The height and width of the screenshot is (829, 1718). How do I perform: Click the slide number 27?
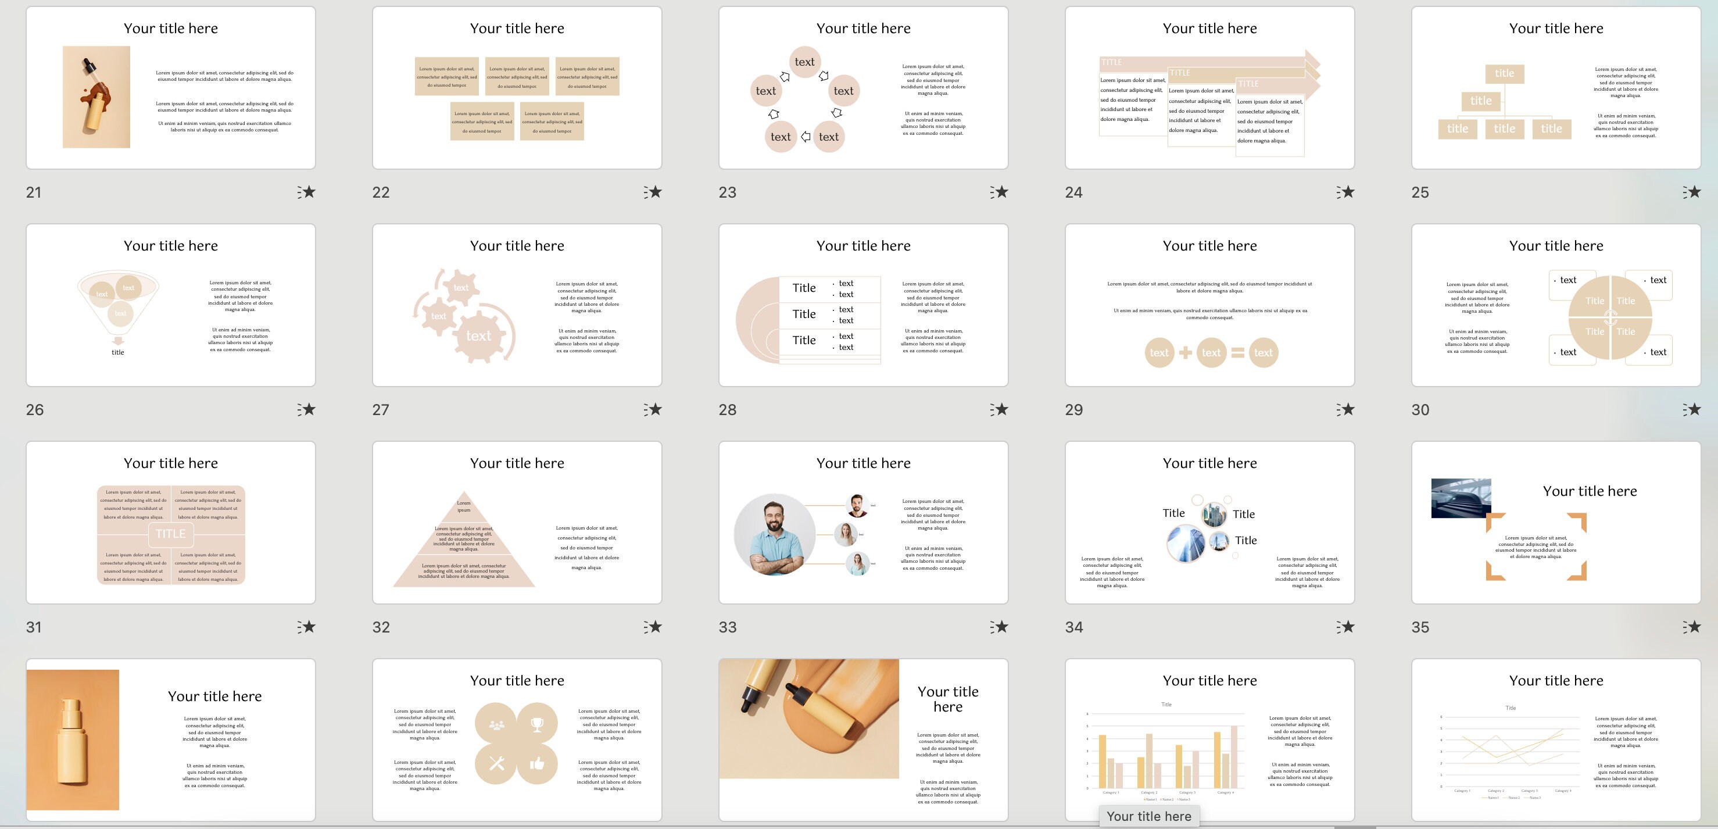(x=381, y=409)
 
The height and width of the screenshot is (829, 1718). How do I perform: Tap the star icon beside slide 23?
(x=1000, y=192)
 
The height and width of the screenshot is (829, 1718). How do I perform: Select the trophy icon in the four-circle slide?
(x=537, y=724)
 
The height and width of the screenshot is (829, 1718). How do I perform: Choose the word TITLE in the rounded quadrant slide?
(x=171, y=534)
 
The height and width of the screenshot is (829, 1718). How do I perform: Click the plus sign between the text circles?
(x=1185, y=353)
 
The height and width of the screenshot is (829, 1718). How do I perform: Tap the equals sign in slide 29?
(x=1237, y=353)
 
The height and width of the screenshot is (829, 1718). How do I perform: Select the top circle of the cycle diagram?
(x=804, y=62)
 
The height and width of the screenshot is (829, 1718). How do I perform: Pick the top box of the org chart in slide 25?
(x=1504, y=73)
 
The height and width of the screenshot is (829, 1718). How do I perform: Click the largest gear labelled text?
(x=479, y=335)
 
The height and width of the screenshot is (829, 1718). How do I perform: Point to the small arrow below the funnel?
(x=118, y=341)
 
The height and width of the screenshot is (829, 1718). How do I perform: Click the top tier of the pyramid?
(x=464, y=506)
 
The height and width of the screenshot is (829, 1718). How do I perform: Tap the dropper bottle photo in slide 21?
(x=96, y=97)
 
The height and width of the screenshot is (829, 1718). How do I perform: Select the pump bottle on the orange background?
(x=72, y=740)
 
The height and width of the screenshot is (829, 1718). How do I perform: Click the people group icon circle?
(x=496, y=724)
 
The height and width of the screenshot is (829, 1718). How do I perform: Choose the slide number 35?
(x=1420, y=627)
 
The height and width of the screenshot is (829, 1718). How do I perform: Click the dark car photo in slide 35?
(x=1461, y=498)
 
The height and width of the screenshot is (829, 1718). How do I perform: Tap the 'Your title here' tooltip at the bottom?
(x=1148, y=816)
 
